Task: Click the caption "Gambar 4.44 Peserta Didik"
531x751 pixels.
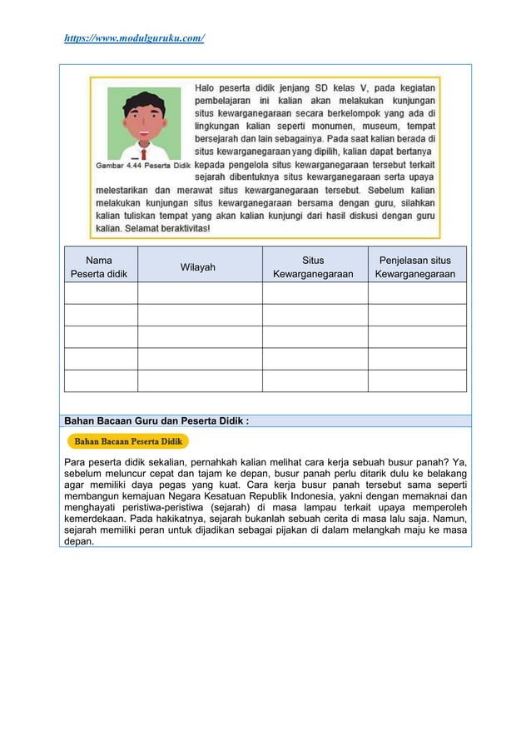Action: (142, 165)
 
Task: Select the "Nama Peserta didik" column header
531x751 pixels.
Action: (101, 266)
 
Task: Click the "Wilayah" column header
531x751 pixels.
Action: (200, 266)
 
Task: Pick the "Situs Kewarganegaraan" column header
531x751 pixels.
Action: (314, 266)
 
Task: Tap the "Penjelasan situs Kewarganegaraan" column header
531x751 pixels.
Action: (415, 266)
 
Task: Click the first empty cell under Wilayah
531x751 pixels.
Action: (200, 293)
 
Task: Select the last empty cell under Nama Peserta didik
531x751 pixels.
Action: (101, 380)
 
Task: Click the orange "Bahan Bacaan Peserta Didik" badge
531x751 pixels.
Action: (129, 441)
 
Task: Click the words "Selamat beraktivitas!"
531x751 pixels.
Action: (166, 227)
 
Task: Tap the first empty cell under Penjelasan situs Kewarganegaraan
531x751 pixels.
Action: (416, 293)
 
